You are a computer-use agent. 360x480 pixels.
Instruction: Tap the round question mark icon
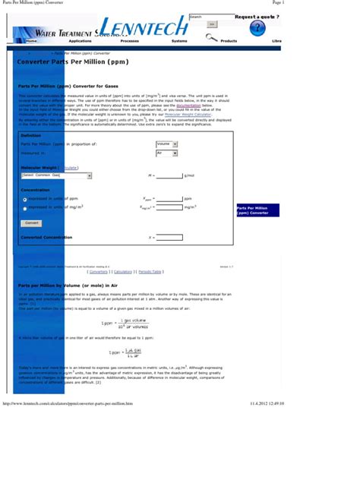(258, 28)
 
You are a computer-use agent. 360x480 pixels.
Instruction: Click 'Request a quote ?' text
(256, 16)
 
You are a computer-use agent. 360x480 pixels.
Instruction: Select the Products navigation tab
(229, 40)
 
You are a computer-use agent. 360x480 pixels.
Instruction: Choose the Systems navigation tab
(179, 40)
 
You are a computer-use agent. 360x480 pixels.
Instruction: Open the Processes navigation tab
(130, 40)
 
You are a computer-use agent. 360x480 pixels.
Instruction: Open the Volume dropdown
(166, 144)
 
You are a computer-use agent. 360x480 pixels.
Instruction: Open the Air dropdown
(166, 153)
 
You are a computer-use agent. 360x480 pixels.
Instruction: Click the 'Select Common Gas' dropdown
(57, 175)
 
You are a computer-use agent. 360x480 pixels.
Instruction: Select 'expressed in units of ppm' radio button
(25, 199)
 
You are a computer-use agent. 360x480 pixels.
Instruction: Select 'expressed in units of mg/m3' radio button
(25, 207)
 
